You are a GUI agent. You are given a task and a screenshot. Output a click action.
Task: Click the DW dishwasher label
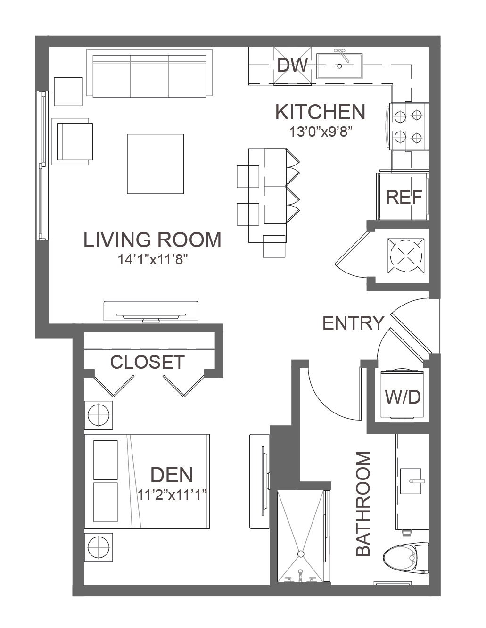292,65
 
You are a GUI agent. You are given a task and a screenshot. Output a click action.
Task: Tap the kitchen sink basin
339,66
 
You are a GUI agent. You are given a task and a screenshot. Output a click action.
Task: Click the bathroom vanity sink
410,481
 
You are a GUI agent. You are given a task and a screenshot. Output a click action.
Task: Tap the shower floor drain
301,554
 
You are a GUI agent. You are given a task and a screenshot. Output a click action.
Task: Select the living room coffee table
156,164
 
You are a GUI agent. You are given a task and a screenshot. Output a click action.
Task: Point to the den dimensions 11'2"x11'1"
172,495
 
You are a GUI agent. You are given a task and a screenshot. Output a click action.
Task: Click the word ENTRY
353,323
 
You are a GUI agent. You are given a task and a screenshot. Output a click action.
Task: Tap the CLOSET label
148,362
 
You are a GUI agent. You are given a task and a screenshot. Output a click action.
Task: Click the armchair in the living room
73,141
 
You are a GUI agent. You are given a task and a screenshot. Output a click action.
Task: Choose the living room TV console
151,311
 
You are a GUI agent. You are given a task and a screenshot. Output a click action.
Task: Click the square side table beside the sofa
68,91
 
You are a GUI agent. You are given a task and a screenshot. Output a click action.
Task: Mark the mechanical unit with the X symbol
406,256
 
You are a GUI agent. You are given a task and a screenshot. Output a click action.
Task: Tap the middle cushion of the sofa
149,76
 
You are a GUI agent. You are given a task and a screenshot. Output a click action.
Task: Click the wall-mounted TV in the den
264,482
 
